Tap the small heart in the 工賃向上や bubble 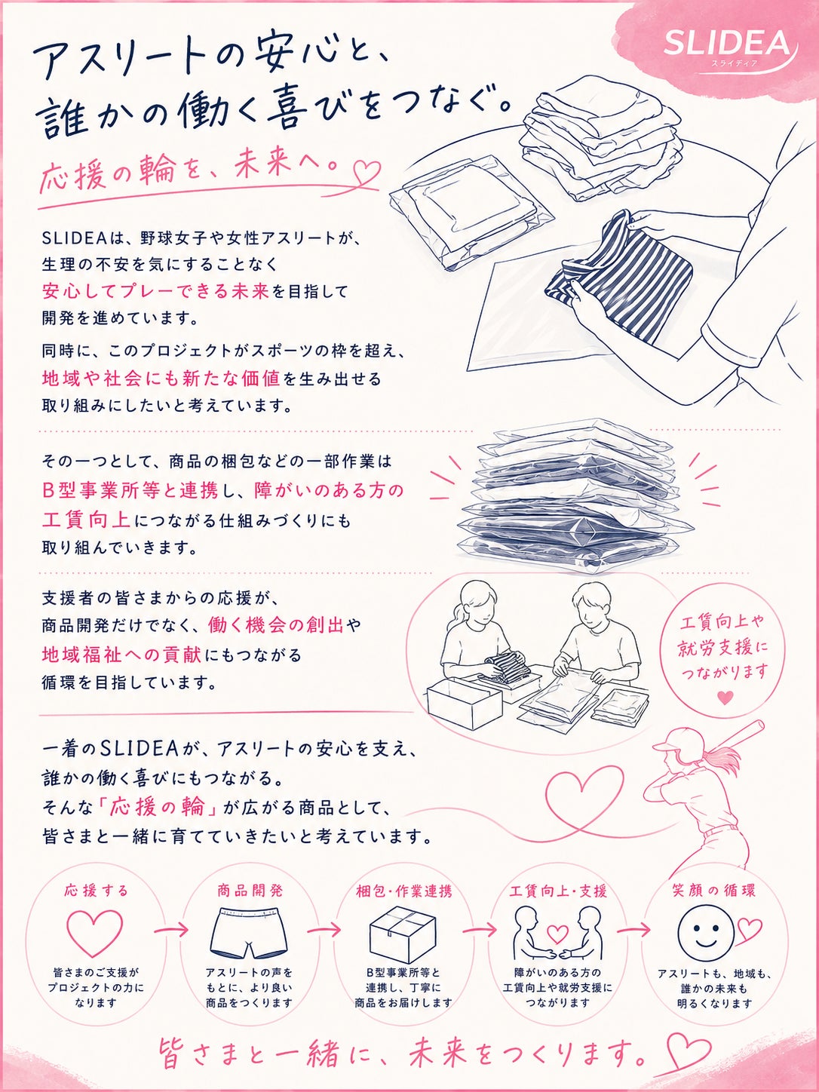click(725, 697)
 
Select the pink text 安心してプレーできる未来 click(155, 292)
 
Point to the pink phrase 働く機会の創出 click(276, 625)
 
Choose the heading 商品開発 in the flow click(250, 890)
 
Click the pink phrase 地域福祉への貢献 click(122, 655)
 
